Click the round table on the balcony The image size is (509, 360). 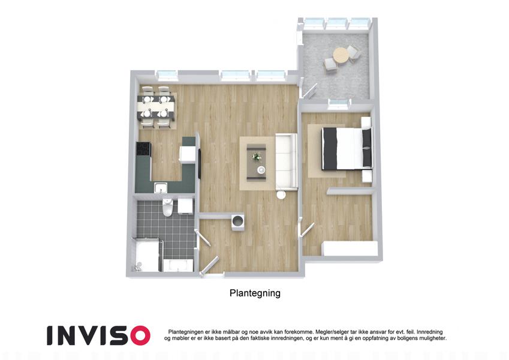coord(340,55)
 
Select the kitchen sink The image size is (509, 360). coord(161,188)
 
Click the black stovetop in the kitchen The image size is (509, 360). coord(143,149)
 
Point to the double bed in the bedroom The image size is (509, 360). coord(347,149)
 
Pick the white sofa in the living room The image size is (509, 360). coord(287,161)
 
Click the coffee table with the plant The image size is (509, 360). coord(257,162)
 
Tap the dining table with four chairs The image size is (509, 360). coord(156,107)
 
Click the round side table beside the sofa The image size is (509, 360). coord(281,194)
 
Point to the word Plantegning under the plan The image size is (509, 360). coord(255,293)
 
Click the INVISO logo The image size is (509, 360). coord(98,335)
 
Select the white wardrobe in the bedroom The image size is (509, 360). coord(350,249)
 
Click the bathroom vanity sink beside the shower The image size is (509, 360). coord(178,265)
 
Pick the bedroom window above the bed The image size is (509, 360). coord(340,103)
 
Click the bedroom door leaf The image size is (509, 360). coord(308,229)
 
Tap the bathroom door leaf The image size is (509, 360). coord(203,238)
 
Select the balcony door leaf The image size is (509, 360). coord(310,91)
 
